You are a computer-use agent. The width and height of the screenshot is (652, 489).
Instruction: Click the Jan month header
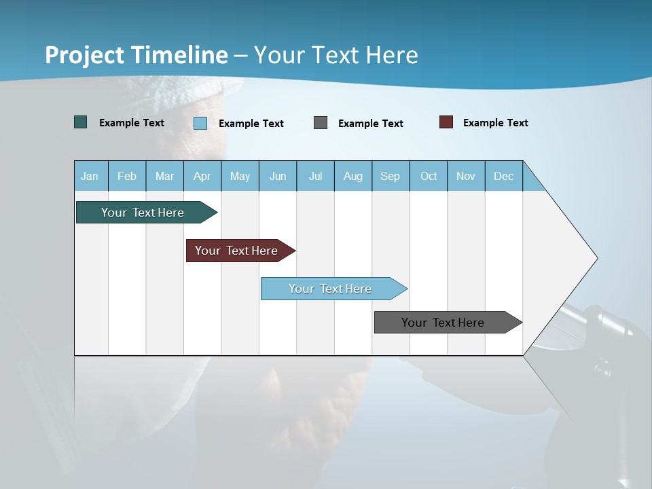point(90,176)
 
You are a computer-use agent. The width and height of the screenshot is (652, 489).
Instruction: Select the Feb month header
point(127,176)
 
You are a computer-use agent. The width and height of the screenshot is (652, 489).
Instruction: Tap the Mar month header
point(164,176)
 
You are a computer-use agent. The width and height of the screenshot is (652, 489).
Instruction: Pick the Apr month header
point(202,176)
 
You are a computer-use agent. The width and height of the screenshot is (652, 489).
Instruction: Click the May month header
point(240,176)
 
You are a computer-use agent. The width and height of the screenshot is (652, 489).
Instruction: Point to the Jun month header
point(278,176)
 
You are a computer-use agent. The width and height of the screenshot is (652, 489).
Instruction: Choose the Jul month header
point(315,176)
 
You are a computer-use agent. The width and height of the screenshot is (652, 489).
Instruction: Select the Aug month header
point(353,176)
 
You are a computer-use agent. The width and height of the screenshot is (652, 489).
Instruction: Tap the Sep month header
point(391,176)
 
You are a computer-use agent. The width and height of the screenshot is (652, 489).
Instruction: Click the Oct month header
point(429,176)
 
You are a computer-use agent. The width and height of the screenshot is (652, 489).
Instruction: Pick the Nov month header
point(466,176)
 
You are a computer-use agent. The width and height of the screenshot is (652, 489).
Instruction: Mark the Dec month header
point(504,176)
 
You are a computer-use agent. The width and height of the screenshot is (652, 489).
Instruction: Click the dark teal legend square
point(81,122)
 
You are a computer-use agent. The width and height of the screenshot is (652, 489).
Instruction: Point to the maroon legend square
point(446,122)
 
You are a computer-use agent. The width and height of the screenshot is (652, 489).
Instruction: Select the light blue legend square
point(200,123)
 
